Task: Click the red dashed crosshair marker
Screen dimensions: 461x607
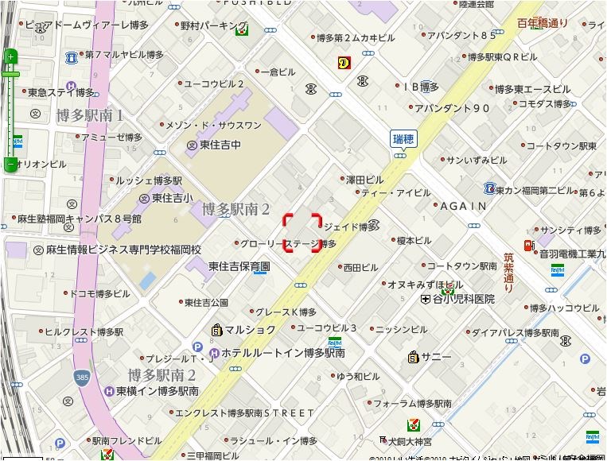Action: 302,233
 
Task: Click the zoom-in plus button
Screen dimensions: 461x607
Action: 11,56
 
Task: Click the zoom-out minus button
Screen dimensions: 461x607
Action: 11,165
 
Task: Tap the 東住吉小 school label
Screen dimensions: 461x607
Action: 171,198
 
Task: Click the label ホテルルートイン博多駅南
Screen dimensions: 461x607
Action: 283,352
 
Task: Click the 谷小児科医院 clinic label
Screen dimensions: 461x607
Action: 463,299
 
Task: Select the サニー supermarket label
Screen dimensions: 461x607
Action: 437,357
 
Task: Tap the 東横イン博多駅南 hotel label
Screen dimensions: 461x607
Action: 157,391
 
